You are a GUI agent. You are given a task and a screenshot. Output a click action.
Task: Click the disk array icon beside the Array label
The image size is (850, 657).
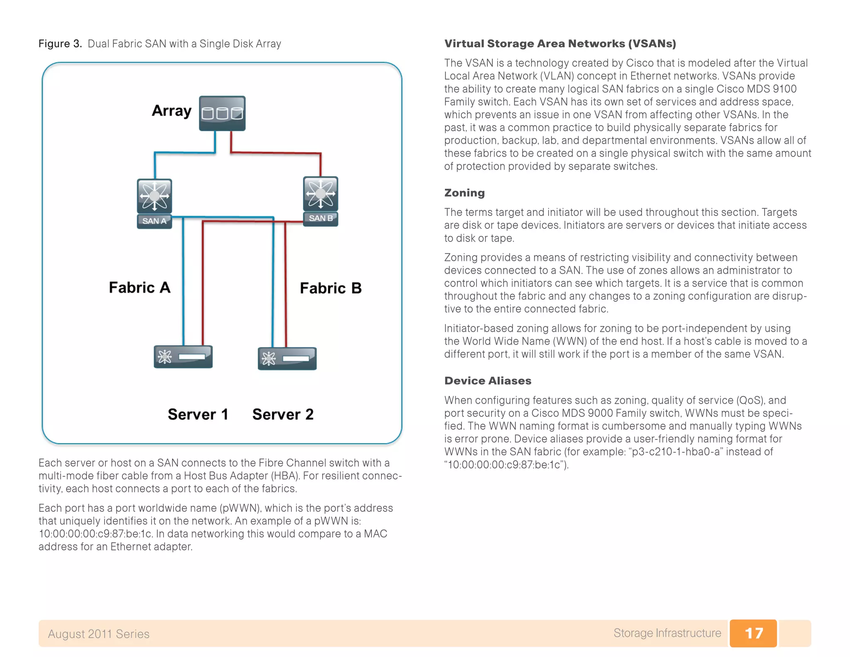[x=222, y=113]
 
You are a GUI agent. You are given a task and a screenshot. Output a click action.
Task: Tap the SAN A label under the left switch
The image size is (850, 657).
[x=154, y=221]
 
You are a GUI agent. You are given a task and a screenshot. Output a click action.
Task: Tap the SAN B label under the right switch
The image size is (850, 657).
[x=320, y=218]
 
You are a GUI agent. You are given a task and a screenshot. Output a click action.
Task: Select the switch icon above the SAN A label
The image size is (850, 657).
[x=154, y=196]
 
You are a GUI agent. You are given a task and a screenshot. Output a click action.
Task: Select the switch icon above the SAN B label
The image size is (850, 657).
[x=320, y=194]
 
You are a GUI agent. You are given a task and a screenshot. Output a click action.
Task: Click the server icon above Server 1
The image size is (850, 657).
[x=183, y=356]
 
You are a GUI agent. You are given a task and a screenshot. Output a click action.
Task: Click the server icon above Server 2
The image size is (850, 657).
[x=287, y=358]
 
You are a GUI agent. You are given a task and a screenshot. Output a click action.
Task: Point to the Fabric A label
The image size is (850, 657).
[x=139, y=287]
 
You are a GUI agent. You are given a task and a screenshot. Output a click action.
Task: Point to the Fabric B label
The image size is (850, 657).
[x=331, y=288]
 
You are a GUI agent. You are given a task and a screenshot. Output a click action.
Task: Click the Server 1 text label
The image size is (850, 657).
[x=198, y=414]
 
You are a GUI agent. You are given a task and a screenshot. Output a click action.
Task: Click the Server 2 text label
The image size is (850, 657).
[x=283, y=414]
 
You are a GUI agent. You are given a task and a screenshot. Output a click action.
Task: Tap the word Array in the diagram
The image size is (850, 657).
[x=171, y=111]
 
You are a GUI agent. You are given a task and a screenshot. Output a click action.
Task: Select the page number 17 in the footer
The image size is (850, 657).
[x=753, y=633]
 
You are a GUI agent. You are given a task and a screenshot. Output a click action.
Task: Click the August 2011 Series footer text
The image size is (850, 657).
[x=98, y=634]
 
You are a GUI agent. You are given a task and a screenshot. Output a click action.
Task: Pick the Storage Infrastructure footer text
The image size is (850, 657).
[x=667, y=633]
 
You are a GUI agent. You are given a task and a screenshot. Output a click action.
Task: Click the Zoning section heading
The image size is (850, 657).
[x=464, y=193]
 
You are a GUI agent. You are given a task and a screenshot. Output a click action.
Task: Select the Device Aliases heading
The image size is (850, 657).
[x=488, y=381]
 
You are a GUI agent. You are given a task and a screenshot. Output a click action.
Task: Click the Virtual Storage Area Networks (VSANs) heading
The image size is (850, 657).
[x=560, y=44]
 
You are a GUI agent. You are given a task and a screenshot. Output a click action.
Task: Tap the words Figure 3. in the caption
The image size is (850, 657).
[x=60, y=44]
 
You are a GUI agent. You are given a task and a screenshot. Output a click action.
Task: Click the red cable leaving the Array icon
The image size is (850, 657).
[x=274, y=153]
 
